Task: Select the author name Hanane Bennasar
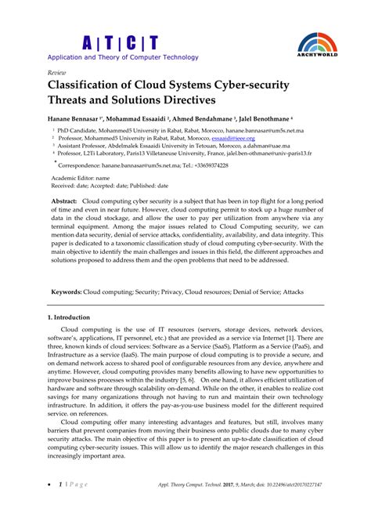78,115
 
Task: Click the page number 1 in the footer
60,508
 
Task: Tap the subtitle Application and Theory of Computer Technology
123,57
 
